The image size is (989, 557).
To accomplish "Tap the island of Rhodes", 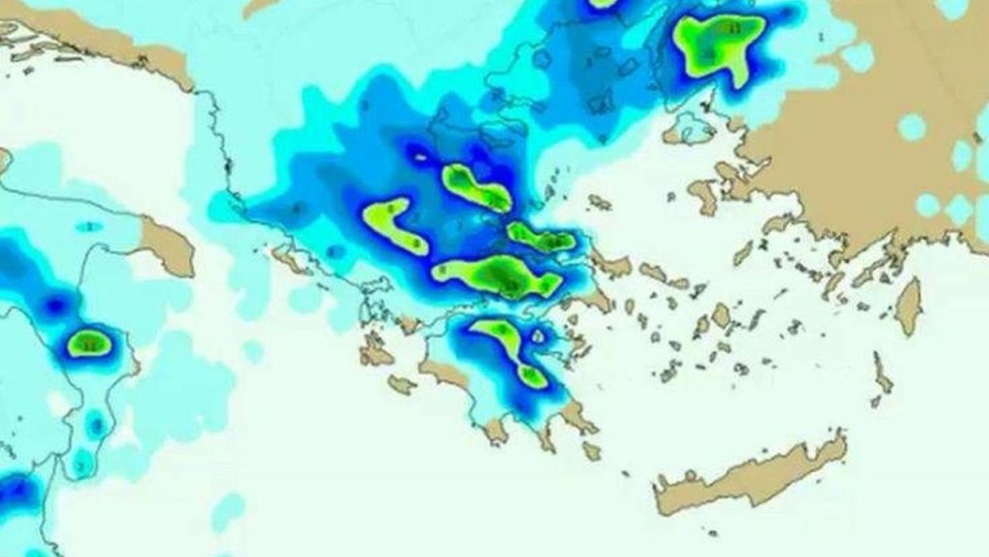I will (908, 306).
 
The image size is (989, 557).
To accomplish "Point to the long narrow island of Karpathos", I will (882, 372).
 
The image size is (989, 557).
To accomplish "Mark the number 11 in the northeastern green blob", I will (734, 29).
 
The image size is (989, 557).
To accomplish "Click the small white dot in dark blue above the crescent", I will (417, 153).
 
